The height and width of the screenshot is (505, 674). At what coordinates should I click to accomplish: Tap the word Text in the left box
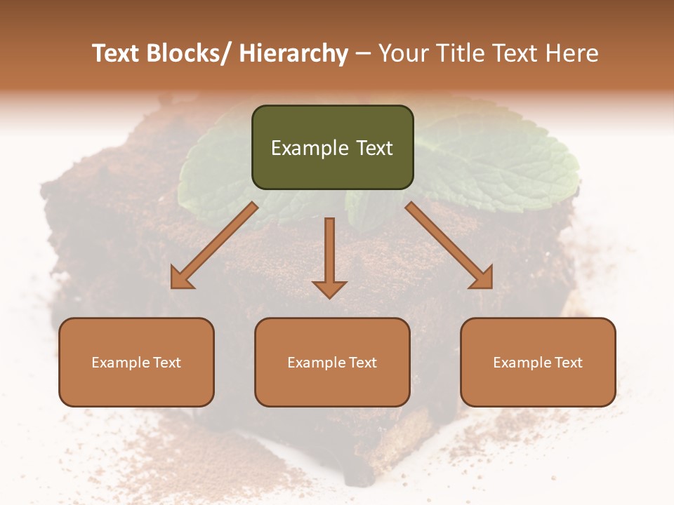tap(166, 363)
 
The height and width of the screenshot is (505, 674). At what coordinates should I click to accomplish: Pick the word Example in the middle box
tap(316, 363)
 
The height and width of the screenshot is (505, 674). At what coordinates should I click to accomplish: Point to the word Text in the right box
tap(567, 363)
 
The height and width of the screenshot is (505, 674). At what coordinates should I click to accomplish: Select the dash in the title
tap(363, 54)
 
